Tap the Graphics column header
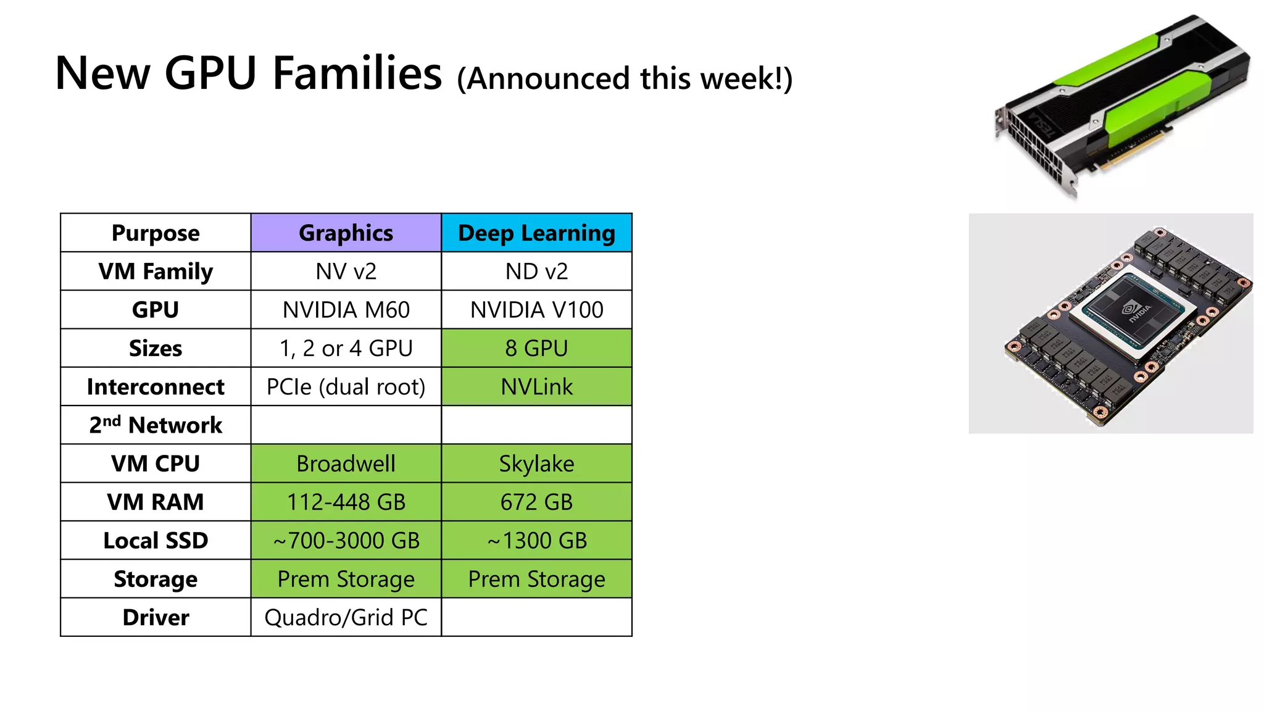[346, 233]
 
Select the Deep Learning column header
[536, 233]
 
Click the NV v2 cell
[346, 272]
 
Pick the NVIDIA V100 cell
[536, 310]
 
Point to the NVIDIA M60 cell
[346, 310]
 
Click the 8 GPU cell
[536, 348]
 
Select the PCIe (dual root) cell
[346, 387]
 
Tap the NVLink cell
[536, 387]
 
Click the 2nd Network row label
[156, 425]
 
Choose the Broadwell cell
[346, 464]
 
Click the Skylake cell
[536, 464]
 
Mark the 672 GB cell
[536, 502]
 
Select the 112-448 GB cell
[346, 502]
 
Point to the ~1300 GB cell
[536, 541]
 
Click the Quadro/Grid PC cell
[346, 617]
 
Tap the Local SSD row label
[156, 541]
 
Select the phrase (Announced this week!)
[625, 79]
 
